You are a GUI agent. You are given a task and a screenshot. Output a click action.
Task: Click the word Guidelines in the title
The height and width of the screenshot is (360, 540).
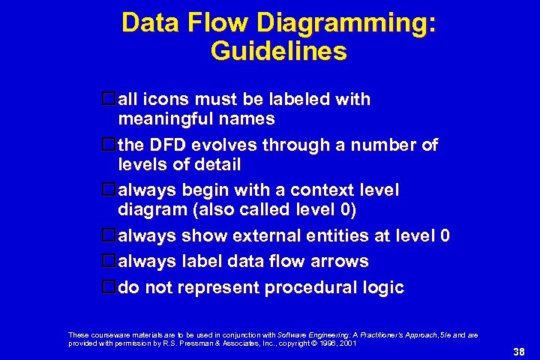pyautogui.click(x=279, y=51)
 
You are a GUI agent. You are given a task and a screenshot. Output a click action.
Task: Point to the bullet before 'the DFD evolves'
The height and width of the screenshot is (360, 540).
pyautogui.click(x=109, y=145)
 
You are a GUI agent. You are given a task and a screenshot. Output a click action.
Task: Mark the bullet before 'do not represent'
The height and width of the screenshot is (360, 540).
pyautogui.click(x=109, y=287)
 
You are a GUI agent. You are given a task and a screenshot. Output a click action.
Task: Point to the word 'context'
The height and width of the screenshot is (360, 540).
pyautogui.click(x=307, y=190)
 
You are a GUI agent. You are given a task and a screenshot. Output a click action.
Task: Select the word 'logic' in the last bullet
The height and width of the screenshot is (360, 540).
pyautogui.click(x=383, y=287)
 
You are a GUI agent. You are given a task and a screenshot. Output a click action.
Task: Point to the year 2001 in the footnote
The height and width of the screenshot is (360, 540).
pyautogui.click(x=347, y=342)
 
